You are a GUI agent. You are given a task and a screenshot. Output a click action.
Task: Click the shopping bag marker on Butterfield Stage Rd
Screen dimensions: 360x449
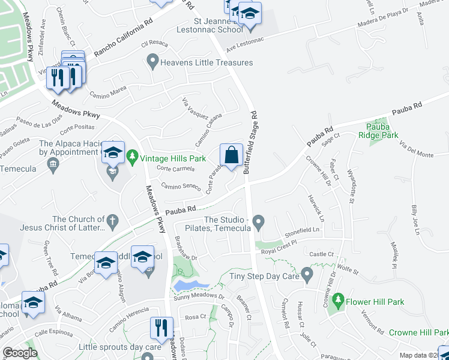(x=231, y=155)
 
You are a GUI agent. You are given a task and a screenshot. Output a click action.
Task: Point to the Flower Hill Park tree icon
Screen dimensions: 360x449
(x=338, y=299)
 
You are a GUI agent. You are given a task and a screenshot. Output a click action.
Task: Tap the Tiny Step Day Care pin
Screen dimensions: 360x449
(x=307, y=276)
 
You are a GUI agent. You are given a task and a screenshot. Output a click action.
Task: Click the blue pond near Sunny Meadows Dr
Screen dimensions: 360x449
(x=191, y=284)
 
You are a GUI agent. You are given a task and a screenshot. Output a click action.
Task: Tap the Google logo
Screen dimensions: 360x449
(x=20, y=353)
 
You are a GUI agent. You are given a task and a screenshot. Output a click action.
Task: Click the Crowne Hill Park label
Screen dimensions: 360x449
(x=418, y=332)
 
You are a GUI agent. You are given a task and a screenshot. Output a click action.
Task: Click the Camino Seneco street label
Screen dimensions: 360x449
(x=180, y=187)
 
